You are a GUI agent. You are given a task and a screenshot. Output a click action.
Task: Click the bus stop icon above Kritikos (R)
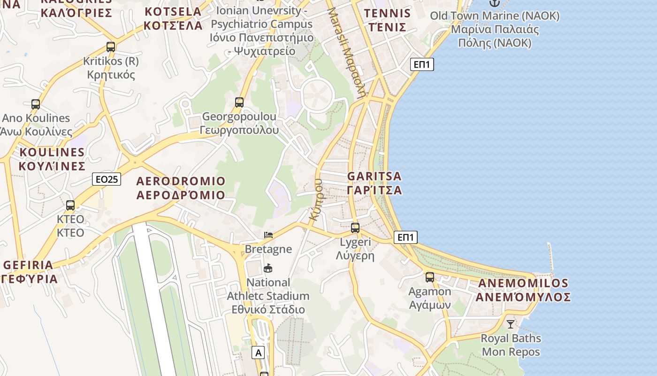(111, 47)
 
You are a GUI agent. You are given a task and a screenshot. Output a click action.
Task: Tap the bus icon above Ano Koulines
(36, 104)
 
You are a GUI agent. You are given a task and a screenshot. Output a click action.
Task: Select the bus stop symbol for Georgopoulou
(239, 102)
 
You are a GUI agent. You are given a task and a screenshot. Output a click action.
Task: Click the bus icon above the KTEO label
(70, 205)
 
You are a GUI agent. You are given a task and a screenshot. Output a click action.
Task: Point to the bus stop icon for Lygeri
(355, 228)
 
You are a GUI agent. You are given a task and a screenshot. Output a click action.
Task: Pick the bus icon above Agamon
(430, 277)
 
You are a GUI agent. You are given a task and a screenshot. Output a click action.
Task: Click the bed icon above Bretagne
(268, 235)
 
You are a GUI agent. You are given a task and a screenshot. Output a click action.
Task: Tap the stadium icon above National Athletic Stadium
(268, 268)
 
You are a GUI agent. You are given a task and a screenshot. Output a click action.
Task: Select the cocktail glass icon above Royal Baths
(511, 324)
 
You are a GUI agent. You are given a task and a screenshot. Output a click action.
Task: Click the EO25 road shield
(107, 179)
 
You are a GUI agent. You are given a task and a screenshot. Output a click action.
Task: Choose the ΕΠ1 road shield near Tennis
(422, 64)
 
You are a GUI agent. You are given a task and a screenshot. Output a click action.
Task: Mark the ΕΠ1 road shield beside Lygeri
(406, 237)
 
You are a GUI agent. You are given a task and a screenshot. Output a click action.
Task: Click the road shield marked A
(258, 352)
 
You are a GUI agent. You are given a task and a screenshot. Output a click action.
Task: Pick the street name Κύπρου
(316, 199)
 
